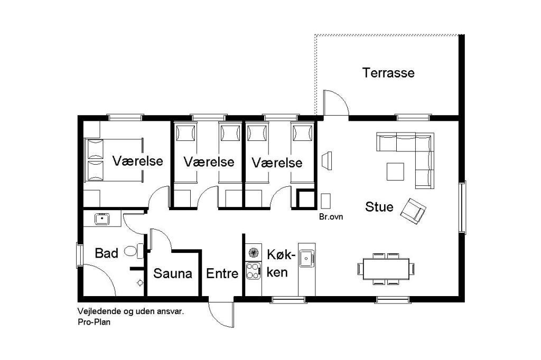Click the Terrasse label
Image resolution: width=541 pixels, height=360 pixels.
pyautogui.click(x=388, y=73)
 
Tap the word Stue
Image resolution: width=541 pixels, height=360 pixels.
pyautogui.click(x=379, y=207)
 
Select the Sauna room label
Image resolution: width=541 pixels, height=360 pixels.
pyautogui.click(x=173, y=273)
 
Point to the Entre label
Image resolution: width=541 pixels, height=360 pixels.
pyautogui.click(x=222, y=273)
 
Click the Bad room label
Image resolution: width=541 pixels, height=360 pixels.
pyautogui.click(x=107, y=253)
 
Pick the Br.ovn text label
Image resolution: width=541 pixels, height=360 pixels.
pyautogui.click(x=331, y=217)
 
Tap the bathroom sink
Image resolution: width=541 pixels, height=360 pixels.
pyautogui.click(x=102, y=219)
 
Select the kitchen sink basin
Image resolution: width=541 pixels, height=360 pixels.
pyautogui.click(x=306, y=258)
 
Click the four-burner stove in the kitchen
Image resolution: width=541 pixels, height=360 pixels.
pyautogui.click(x=253, y=271)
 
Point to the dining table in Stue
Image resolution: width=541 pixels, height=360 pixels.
pyautogui.click(x=386, y=269)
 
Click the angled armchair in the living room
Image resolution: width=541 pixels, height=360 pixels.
pyautogui.click(x=413, y=211)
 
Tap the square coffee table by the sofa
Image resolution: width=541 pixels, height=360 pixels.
pyautogui.click(x=395, y=172)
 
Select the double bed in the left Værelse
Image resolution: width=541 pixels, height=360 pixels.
pyautogui.click(x=114, y=160)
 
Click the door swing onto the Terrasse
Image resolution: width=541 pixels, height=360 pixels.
pyautogui.click(x=337, y=102)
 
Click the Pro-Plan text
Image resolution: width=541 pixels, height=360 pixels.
pyautogui.click(x=94, y=323)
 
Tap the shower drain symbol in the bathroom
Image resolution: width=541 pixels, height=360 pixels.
pyautogui.click(x=140, y=283)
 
